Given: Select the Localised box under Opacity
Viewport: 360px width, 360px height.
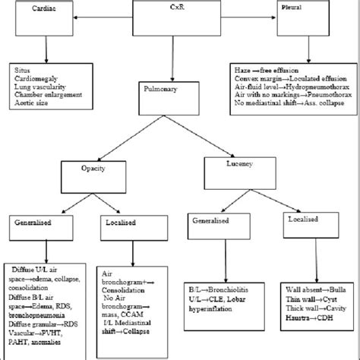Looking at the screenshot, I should pos(125,224).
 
